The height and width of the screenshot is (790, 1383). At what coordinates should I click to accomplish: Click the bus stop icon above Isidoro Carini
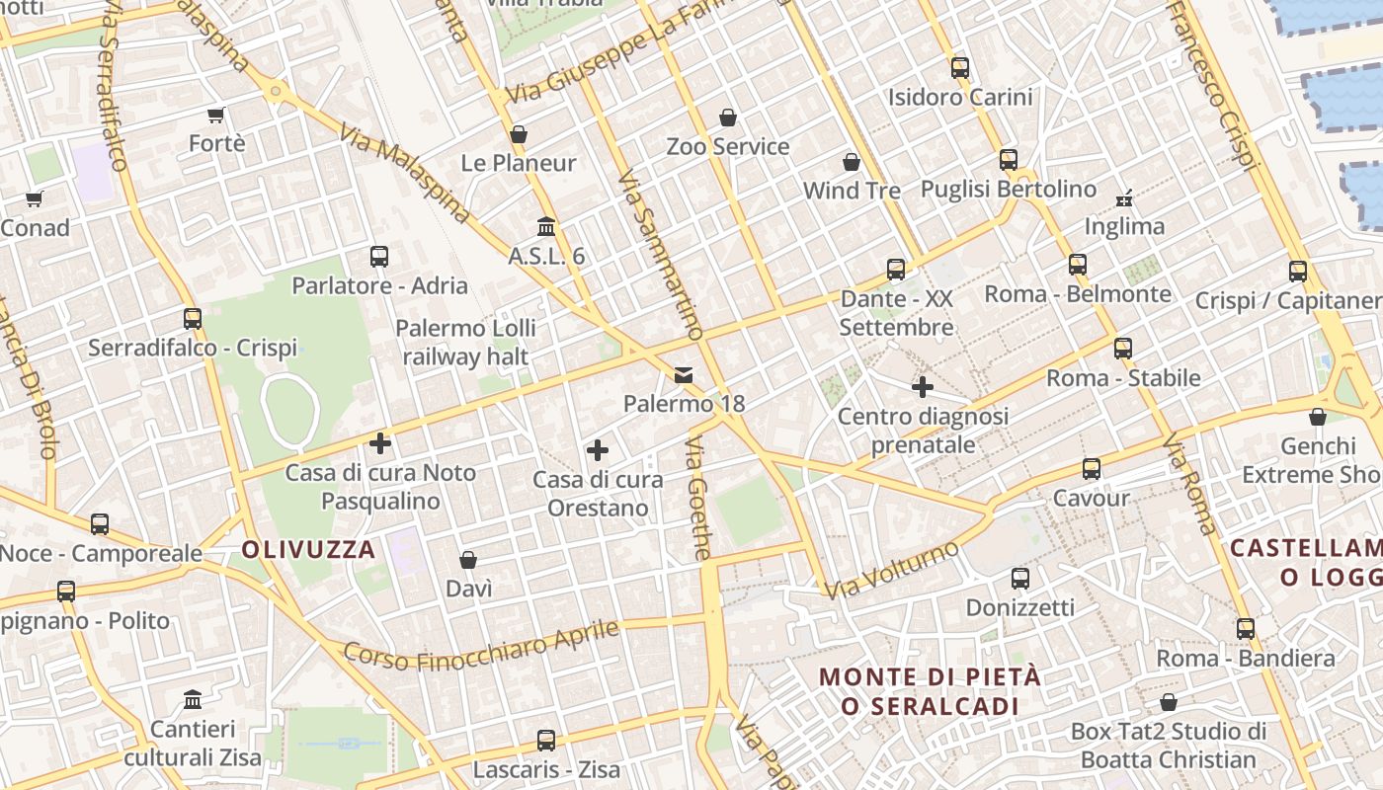(x=959, y=68)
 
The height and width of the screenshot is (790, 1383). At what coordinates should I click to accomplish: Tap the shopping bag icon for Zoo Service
(x=728, y=118)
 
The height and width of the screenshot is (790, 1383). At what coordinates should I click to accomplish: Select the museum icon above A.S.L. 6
(x=546, y=226)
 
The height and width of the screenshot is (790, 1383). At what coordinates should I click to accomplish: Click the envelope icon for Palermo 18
(x=684, y=374)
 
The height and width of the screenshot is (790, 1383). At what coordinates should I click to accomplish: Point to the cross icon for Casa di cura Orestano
(x=598, y=450)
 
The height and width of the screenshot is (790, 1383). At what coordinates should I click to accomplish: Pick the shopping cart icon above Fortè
(x=216, y=115)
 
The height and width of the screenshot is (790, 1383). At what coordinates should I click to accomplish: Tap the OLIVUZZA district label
(x=308, y=550)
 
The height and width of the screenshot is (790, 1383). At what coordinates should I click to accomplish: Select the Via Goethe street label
(x=698, y=499)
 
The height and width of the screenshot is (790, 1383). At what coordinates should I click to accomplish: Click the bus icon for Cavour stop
(x=1091, y=469)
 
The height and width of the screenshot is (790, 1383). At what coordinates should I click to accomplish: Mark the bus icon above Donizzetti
(x=1020, y=579)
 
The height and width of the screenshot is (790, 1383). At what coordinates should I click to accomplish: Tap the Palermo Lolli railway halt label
(x=466, y=342)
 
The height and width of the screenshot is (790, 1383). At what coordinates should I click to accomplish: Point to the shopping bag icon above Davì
(x=468, y=560)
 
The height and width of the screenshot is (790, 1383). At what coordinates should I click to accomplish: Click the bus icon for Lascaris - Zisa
(x=545, y=740)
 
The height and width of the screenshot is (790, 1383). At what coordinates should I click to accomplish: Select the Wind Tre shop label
(x=852, y=190)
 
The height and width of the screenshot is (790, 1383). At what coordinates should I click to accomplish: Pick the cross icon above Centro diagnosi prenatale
(x=923, y=387)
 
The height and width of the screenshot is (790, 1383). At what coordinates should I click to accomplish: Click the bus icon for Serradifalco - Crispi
(x=193, y=319)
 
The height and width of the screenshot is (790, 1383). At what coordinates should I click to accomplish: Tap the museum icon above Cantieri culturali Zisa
(x=193, y=700)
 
